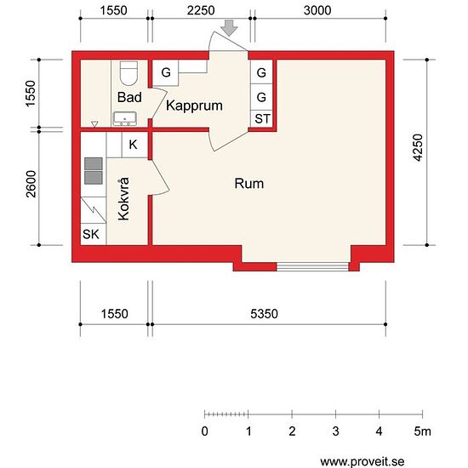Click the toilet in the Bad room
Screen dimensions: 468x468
point(128,73)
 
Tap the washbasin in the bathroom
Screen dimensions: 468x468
point(125,119)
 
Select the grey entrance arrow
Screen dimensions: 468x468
point(229,28)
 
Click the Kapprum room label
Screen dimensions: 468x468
point(194,106)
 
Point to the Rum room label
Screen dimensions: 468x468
point(249,184)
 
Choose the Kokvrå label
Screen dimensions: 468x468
point(123,199)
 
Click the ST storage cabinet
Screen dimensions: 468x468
point(262,119)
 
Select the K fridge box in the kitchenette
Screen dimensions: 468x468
point(134,145)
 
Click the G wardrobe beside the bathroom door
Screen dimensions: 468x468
point(166,72)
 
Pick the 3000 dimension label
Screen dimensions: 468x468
point(317,10)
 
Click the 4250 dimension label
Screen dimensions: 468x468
point(418,148)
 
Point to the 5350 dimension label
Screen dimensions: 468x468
point(264,314)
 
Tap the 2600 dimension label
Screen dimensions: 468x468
point(31,184)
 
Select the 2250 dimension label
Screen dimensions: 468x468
point(201,10)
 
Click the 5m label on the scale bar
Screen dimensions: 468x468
point(422,431)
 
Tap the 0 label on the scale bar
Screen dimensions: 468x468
point(205,431)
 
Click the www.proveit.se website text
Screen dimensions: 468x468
point(362,461)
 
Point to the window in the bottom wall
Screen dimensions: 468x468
point(312,267)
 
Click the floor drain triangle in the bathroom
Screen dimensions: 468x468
point(94,124)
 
